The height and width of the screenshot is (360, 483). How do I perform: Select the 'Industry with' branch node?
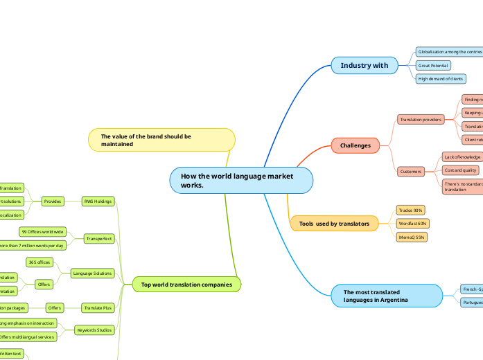[365, 66]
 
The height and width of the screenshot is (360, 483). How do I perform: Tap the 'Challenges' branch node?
[355, 145]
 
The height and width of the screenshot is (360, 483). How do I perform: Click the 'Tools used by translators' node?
[334, 224]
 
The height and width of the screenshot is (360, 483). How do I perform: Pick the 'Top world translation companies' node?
[186, 284]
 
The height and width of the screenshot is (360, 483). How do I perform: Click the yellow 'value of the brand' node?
[161, 140]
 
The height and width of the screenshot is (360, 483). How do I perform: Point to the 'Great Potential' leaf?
[433, 66]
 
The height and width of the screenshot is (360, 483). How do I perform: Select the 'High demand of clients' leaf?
[440, 79]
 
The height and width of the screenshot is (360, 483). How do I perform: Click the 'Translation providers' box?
[420, 120]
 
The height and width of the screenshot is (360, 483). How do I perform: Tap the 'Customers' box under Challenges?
[411, 171]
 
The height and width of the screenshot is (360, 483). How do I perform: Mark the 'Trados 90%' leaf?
[410, 210]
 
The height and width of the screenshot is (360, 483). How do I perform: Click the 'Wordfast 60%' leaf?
[413, 224]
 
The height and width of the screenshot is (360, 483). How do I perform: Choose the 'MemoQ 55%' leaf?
[412, 237]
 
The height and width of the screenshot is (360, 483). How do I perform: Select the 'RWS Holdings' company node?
[97, 201]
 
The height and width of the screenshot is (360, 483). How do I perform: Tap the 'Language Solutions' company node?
[93, 273]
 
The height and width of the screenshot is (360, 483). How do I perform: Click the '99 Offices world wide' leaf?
[43, 231]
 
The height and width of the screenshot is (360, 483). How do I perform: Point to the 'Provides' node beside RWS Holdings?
[52, 201]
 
